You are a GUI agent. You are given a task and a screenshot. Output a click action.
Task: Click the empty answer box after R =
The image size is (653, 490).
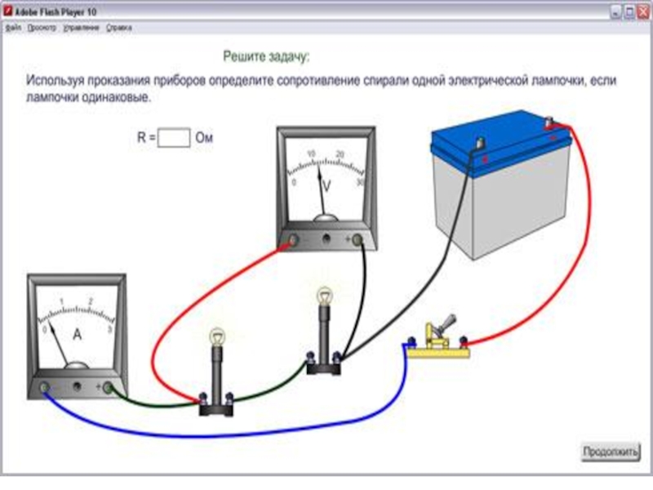(174, 137)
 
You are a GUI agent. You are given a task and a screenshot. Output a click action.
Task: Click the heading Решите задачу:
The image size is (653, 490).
(267, 57)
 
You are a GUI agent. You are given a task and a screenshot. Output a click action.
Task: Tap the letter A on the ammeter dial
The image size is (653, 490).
(78, 334)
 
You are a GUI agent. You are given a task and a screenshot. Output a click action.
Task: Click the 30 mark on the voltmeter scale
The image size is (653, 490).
(360, 183)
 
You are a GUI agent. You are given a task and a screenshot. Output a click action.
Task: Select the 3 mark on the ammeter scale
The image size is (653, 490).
(109, 329)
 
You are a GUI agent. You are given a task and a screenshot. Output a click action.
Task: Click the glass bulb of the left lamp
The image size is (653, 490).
(217, 335)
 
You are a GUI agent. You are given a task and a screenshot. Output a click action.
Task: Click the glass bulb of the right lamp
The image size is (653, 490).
(325, 295)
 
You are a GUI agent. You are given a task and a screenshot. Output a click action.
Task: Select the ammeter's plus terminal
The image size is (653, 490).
(107, 388)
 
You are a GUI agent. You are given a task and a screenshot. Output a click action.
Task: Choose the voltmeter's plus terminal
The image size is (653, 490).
(357, 239)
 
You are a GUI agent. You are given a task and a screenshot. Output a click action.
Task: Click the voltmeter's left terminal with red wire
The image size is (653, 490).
(293, 240)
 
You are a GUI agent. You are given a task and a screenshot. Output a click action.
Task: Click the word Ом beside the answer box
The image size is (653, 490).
(204, 137)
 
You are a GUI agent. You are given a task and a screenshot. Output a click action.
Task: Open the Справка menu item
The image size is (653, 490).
(119, 28)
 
